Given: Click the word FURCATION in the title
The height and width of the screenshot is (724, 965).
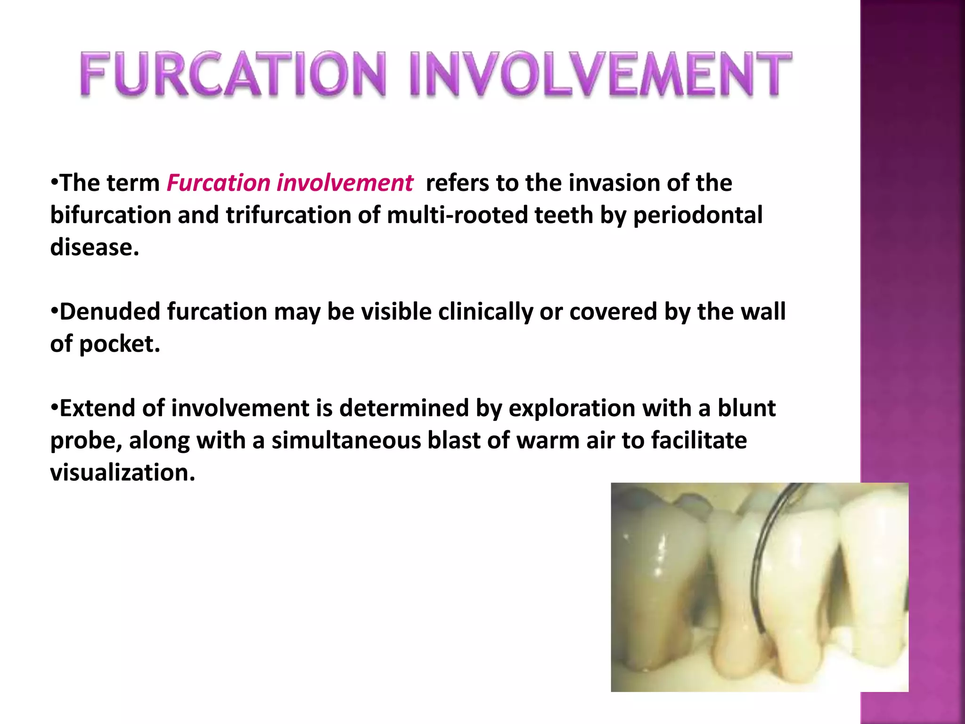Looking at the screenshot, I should click(x=233, y=74).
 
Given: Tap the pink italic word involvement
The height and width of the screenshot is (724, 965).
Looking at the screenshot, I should click(x=344, y=183).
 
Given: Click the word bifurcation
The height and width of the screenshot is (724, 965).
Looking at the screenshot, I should click(x=110, y=215).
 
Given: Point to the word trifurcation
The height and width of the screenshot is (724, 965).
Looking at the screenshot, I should click(x=288, y=215).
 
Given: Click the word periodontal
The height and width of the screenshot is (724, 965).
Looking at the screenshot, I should click(x=697, y=215).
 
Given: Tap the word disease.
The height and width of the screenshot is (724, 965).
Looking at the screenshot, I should click(x=94, y=247).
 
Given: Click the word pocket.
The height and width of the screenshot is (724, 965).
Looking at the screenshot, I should click(x=119, y=344).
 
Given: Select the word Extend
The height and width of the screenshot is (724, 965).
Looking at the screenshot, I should click(x=98, y=408).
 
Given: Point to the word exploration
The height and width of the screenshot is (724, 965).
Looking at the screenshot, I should click(x=572, y=408).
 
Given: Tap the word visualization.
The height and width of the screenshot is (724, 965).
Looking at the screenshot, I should click(x=122, y=472).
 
